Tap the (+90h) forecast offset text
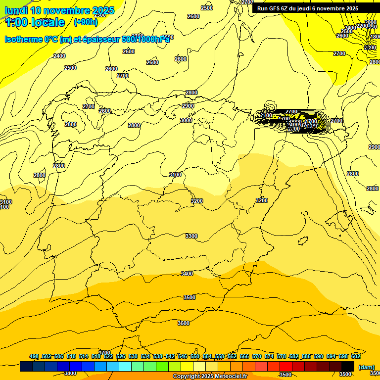pyautogui.click(x=86, y=22)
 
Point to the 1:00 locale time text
pyautogui.click(x=35, y=22)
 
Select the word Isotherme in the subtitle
pyautogui.click(x=23, y=40)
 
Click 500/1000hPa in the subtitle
pyautogui.click(x=145, y=40)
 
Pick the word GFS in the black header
pyautogui.click(x=277, y=8)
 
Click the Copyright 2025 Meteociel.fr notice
pyautogui.click(x=210, y=377)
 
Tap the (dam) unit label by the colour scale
pyautogui.click(x=366, y=367)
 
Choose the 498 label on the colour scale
pyautogui.click(x=34, y=356)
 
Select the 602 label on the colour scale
pyautogui.click(x=355, y=356)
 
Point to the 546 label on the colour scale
pyautogui.click(x=183, y=356)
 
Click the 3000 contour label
pyautogui.click(x=186, y=120)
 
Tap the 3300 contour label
pyautogui.click(x=191, y=236)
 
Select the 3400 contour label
pyautogui.click(x=187, y=274)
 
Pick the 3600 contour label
pyautogui.click(x=184, y=323)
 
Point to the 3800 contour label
pyautogui.click(x=70, y=373)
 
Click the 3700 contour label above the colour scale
pyautogui.click(x=104, y=353)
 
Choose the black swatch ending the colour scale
pyautogui.click(x=348, y=366)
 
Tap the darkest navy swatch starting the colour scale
pyautogui.click(x=26, y=366)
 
